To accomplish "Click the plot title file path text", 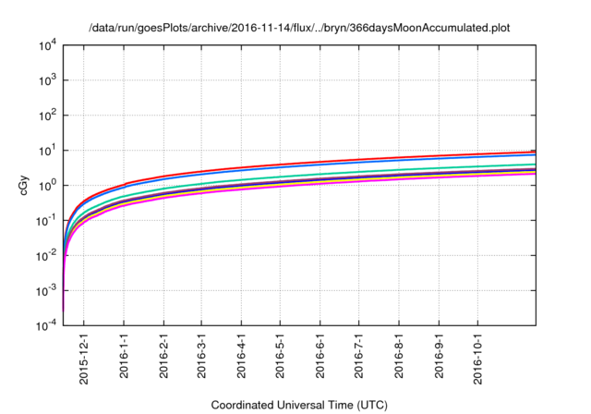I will coord(299,29).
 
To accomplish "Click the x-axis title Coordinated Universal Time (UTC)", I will coord(299,405).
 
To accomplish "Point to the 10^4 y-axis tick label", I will coord(48,45).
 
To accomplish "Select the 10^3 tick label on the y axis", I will coord(48,80).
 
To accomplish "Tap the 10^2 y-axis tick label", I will coord(48,116).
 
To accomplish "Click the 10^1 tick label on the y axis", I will coord(48,151).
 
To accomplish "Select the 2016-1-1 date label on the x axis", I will coord(124,360).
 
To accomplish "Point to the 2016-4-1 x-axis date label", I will coord(241,360).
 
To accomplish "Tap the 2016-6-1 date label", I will coord(320,360).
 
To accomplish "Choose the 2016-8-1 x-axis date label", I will coord(398,360).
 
